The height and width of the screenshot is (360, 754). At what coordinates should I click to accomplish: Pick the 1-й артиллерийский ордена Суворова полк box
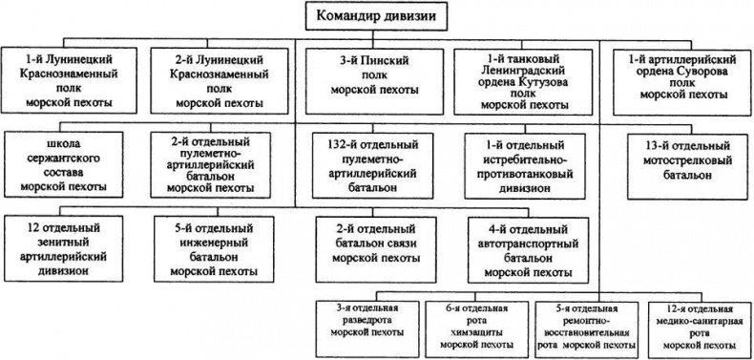[678, 79]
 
